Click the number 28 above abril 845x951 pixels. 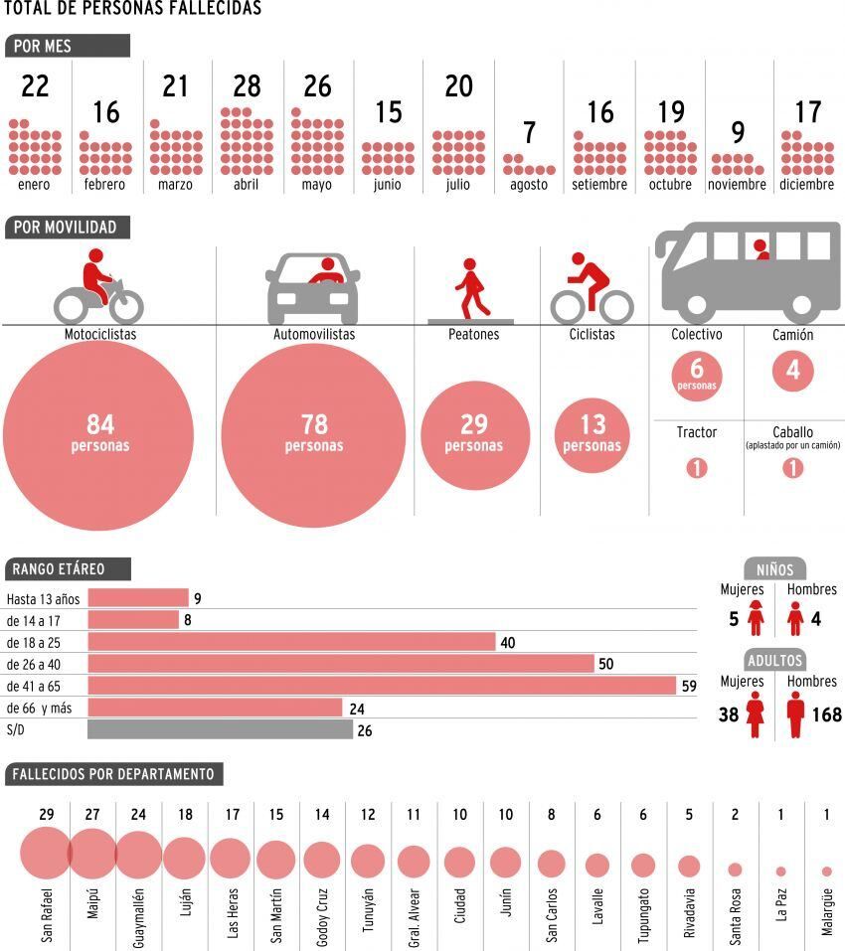point(247,86)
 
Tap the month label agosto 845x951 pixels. point(529,185)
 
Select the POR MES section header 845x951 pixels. point(68,46)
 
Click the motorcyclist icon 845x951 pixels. point(98,285)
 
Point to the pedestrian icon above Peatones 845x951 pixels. point(472,288)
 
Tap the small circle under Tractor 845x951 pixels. point(696,467)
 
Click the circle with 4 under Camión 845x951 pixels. point(792,372)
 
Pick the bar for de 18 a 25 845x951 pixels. point(291,642)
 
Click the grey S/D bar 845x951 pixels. point(220,729)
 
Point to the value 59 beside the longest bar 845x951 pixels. point(689,686)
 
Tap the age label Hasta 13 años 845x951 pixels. point(43,598)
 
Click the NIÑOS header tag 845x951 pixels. point(774,569)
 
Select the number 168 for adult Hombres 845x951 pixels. point(826,714)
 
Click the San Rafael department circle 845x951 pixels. point(45,854)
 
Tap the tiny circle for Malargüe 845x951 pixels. point(827,872)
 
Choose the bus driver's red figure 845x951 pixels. point(762,249)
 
